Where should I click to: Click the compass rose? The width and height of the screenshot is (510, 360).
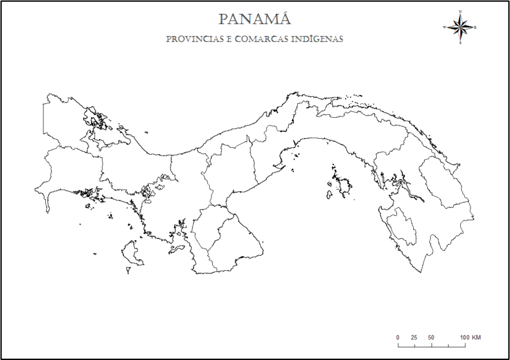(x=460, y=27)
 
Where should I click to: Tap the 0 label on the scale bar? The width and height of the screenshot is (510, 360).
(x=398, y=336)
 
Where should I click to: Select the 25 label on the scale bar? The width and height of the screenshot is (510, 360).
(x=414, y=336)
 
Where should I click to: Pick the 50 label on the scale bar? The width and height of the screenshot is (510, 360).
(x=431, y=336)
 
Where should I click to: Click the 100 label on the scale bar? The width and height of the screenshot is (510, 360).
(x=463, y=336)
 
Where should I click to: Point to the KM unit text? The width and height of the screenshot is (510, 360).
(x=476, y=336)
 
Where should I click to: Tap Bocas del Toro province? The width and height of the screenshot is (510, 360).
(x=64, y=121)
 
